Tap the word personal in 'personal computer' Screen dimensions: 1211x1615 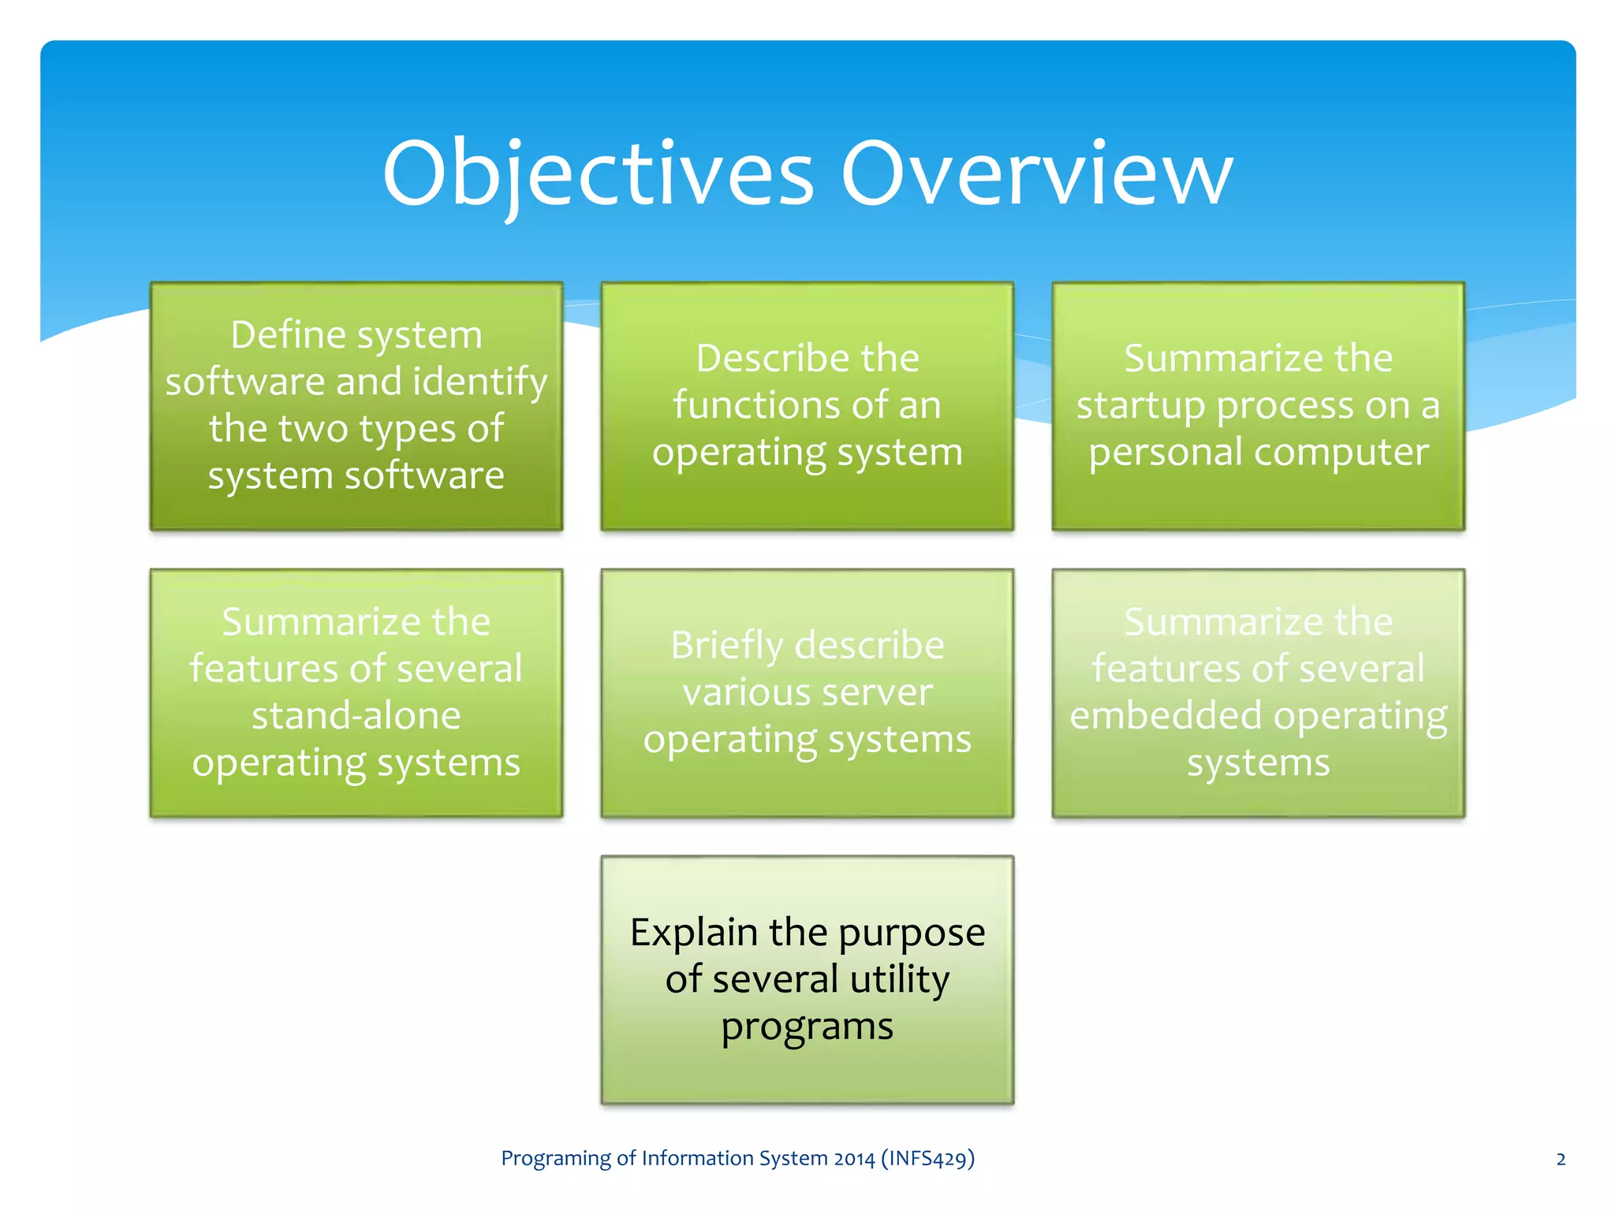pyautogui.click(x=1164, y=453)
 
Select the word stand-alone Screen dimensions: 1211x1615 pyautogui.click(x=356, y=716)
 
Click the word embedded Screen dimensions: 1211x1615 pyautogui.click(x=1165, y=716)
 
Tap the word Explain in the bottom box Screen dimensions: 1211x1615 pyautogui.click(x=693, y=933)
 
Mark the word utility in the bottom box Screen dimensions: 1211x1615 pyautogui.click(x=900, y=980)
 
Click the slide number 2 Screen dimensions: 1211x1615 pyautogui.click(x=1561, y=1159)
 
